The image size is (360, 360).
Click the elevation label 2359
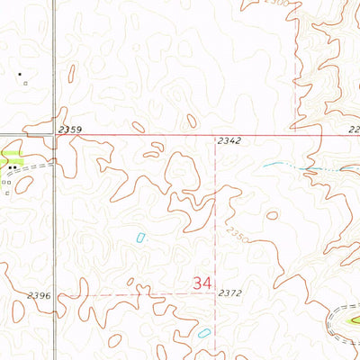[70, 130]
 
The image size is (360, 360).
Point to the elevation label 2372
[231, 293]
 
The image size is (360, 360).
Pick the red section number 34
[202, 283]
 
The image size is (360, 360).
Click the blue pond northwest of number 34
[140, 238]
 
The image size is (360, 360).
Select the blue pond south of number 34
[203, 333]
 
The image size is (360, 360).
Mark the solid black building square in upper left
[19, 74]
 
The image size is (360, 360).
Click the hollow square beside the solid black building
[26, 84]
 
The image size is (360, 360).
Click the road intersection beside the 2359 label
[53, 137]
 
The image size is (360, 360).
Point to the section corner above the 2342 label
[216, 137]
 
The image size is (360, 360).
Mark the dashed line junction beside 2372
[216, 293]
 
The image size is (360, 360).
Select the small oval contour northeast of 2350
[271, 215]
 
